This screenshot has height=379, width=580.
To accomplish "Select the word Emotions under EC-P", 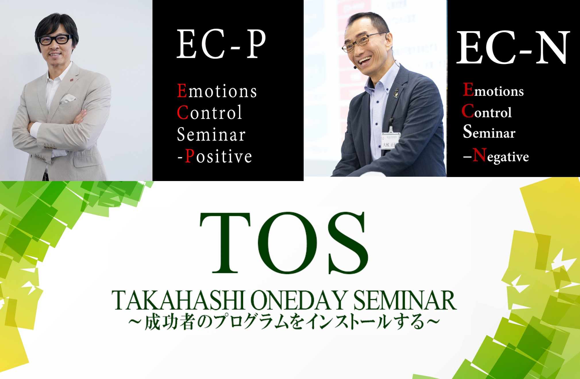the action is (x=217, y=91).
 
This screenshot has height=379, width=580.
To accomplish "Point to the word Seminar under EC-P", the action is (x=211, y=134).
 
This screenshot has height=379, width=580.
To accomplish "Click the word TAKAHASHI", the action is (x=178, y=300).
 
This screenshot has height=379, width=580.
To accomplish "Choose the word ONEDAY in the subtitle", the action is (x=299, y=300).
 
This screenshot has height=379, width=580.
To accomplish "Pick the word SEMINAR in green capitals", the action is (x=405, y=300).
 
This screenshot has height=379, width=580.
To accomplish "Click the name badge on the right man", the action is (x=390, y=141).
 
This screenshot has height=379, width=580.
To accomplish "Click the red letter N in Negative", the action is (x=479, y=155).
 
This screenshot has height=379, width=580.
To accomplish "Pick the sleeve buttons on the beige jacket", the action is (x=50, y=147).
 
